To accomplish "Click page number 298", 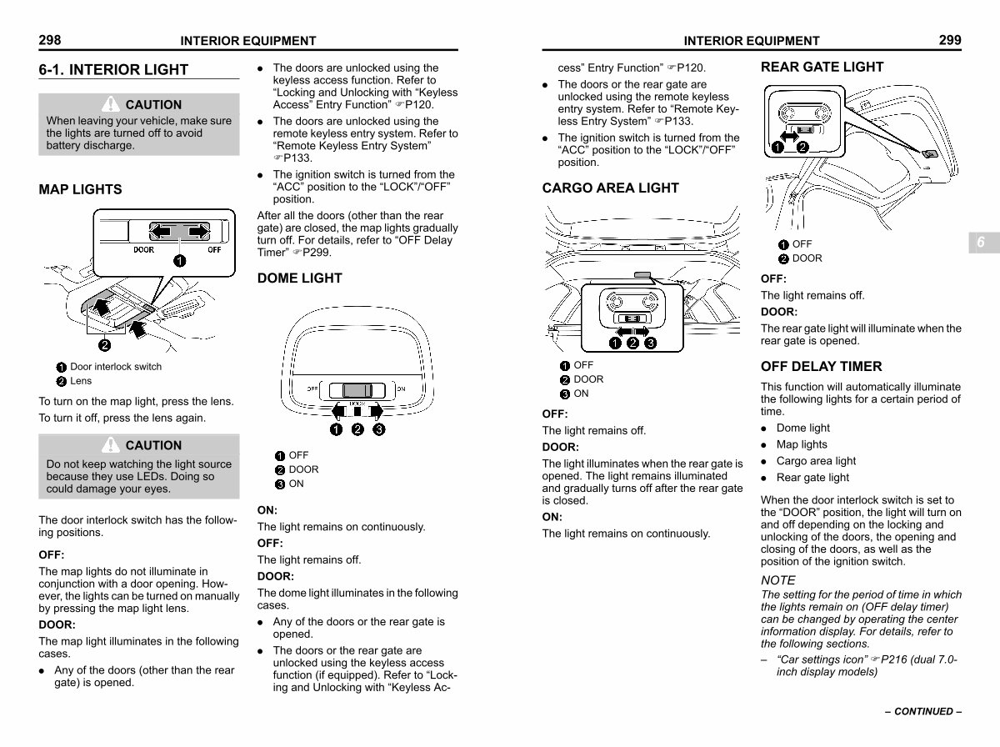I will [x=50, y=40].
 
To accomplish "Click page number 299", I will [x=949, y=40].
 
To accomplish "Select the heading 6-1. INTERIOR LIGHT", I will [x=113, y=70].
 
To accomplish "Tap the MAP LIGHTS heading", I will [x=80, y=190].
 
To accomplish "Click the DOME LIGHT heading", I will [x=299, y=278].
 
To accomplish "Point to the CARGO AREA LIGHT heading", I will [x=610, y=188].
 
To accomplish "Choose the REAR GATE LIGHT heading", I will [x=822, y=68].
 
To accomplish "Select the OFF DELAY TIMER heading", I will [x=821, y=367].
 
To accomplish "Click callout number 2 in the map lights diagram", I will [x=106, y=345].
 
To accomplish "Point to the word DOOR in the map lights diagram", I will [x=144, y=249].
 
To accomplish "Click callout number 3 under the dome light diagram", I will [x=379, y=429].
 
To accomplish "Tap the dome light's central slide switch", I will [x=357, y=389].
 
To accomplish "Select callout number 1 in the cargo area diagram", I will [x=614, y=343].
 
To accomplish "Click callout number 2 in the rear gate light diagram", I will [x=802, y=148].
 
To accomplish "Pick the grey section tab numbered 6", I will [x=981, y=242].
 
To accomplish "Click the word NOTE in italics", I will [x=778, y=580].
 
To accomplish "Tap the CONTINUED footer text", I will [x=923, y=712].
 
